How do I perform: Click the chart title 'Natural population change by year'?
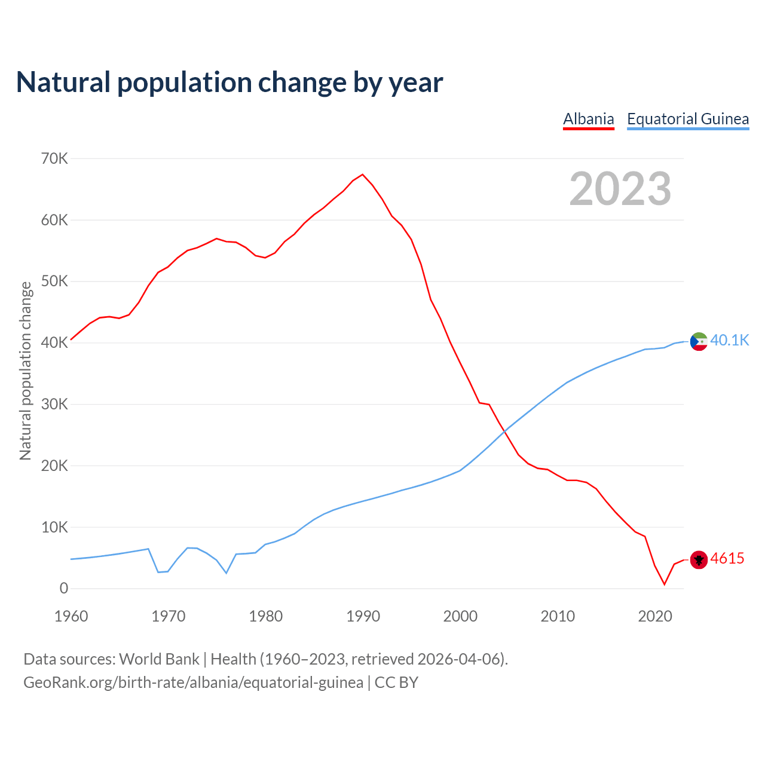[229, 82]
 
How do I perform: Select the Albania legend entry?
[589, 119]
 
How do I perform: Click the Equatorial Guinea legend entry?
[688, 119]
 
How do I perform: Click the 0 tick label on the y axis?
[64, 589]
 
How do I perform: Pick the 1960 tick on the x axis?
[71, 616]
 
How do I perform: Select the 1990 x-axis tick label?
[363, 616]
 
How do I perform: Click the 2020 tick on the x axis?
[655, 616]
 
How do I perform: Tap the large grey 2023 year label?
[620, 189]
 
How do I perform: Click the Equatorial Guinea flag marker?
[699, 341]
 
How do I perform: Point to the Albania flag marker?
[699, 559]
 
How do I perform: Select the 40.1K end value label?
[730, 341]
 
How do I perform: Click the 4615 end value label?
[727, 559]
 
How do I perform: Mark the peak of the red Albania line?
[363, 175]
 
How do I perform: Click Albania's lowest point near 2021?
[665, 584]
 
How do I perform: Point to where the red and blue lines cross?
[505, 430]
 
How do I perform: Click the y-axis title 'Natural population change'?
[26, 371]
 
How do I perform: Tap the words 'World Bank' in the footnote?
[159, 659]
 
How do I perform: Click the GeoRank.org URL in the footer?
[193, 683]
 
